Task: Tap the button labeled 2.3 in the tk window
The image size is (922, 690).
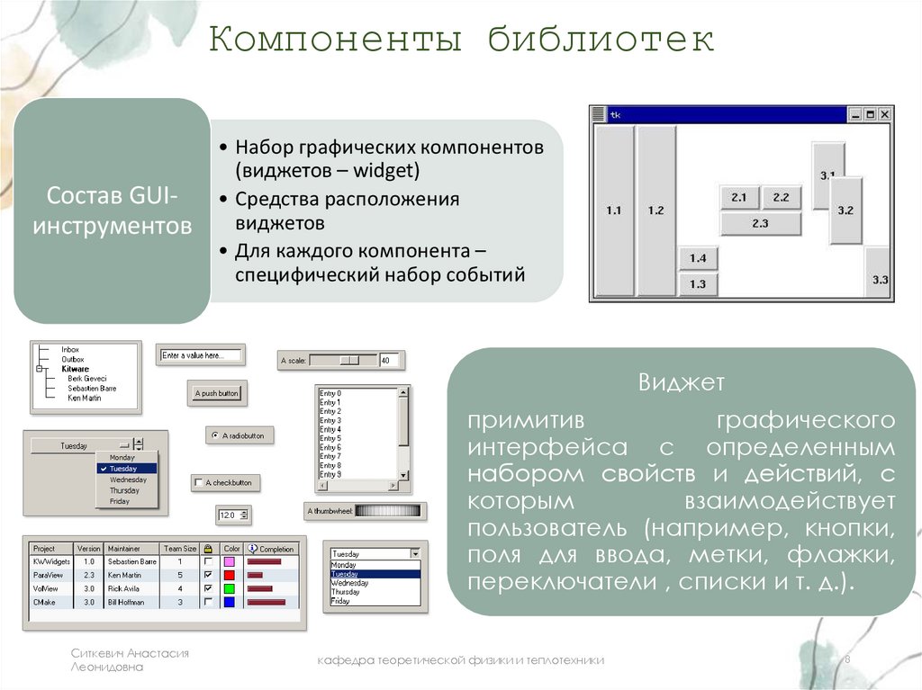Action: [760, 223]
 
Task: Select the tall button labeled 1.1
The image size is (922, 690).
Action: [614, 211]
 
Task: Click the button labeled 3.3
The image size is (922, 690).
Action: [880, 280]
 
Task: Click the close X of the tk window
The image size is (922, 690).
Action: [884, 114]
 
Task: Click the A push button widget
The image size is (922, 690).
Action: [217, 394]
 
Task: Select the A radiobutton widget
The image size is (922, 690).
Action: [240, 435]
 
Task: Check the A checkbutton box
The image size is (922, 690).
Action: [199, 483]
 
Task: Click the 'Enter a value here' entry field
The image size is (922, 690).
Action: [200, 355]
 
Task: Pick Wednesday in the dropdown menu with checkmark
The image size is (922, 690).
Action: [127, 479]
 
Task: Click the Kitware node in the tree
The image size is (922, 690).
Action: [75, 369]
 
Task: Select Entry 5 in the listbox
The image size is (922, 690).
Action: [330, 438]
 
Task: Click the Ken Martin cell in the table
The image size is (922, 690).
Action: [125, 575]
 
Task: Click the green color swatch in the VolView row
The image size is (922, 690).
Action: [229, 588]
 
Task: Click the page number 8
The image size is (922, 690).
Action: [847, 660]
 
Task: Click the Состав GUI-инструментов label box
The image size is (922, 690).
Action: [112, 210]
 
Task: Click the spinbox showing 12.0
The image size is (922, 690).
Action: [232, 515]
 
